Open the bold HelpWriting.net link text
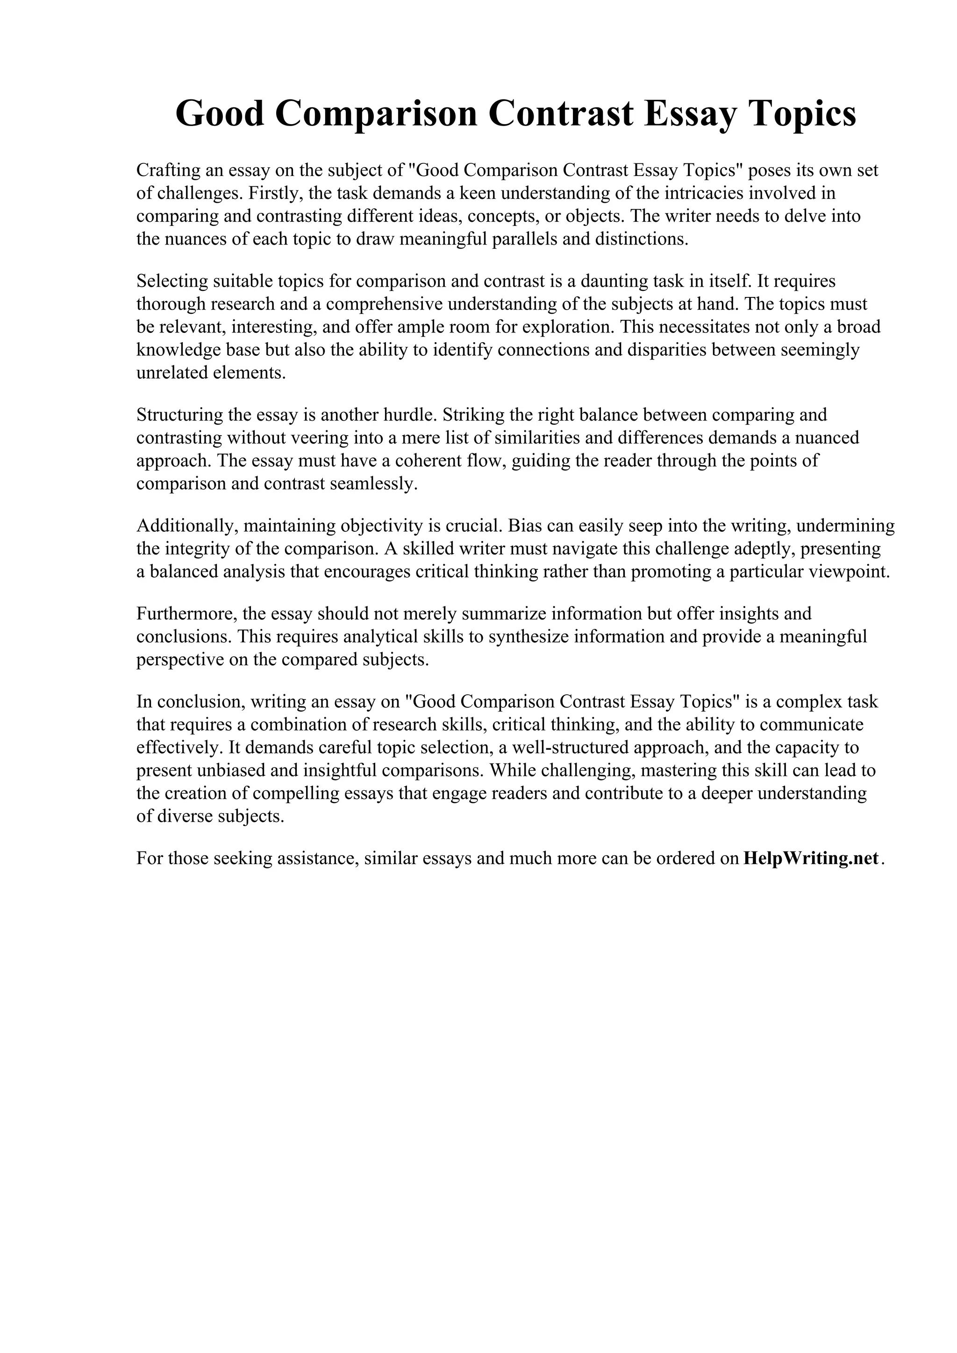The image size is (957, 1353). (x=811, y=858)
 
